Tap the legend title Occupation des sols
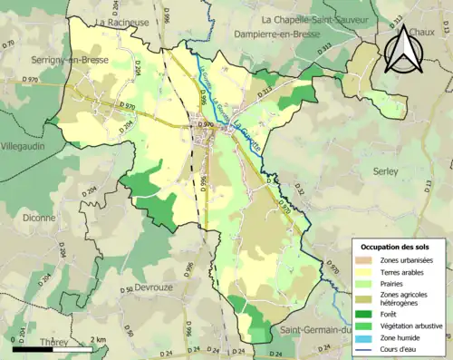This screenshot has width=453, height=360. (x=400, y=247)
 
